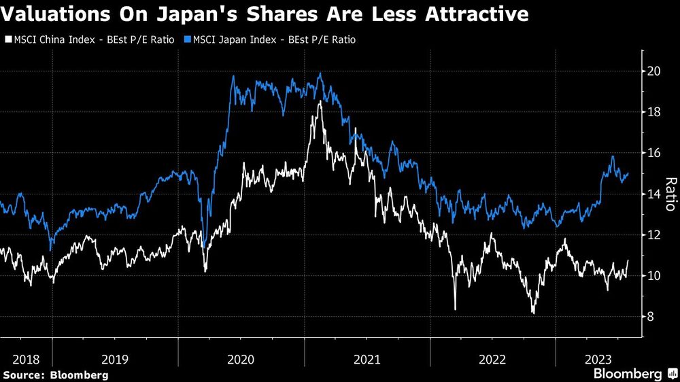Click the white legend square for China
[x=7, y=39]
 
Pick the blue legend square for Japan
[x=189, y=39]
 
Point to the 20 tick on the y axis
[x=654, y=71]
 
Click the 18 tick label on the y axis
[x=654, y=112]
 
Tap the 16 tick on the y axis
[x=654, y=153]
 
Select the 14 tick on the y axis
[x=654, y=194]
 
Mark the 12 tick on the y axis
[x=654, y=235]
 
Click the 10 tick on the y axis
[x=654, y=275]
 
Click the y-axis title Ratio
[x=670, y=194]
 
